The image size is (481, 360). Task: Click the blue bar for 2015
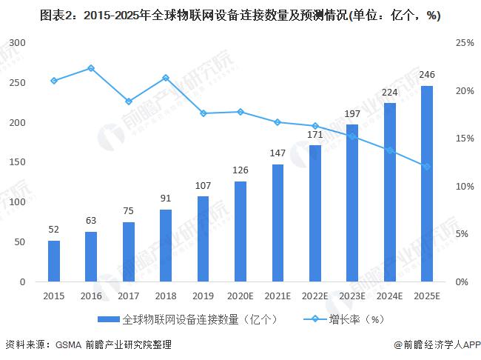pyautogui.click(x=54, y=261)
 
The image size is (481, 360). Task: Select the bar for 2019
pyautogui.click(x=203, y=239)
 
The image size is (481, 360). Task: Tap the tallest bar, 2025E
pyautogui.click(x=427, y=184)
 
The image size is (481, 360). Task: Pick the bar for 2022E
pyautogui.click(x=315, y=213)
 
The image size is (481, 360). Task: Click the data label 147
pyautogui.click(x=277, y=153)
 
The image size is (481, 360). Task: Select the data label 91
pyautogui.click(x=166, y=198)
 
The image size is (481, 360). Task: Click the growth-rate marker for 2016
pyautogui.click(x=91, y=68)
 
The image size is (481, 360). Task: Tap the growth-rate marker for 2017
pyautogui.click(x=129, y=101)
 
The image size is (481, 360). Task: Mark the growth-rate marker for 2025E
pyautogui.click(x=427, y=167)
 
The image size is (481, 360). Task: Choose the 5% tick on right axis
pyautogui.click(x=463, y=234)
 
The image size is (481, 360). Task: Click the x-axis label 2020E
pyautogui.click(x=240, y=296)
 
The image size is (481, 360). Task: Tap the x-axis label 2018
pyautogui.click(x=166, y=296)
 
